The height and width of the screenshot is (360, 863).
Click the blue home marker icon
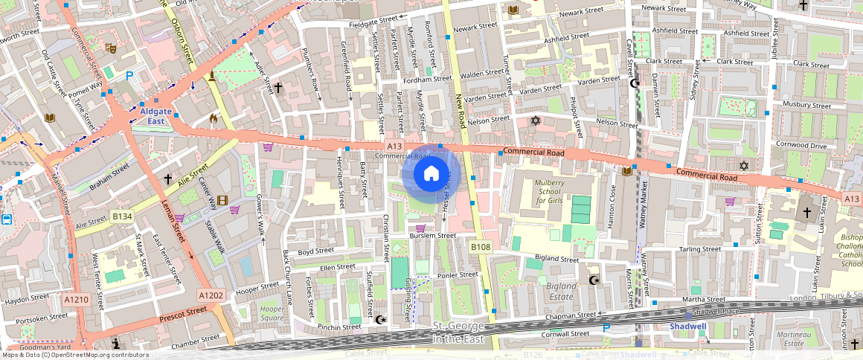click(431, 174)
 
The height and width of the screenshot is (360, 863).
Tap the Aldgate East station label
click(155, 116)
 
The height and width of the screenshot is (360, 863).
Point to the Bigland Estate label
click(562, 291)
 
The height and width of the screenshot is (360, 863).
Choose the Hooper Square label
click(272, 313)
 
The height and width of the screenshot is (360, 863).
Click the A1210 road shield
click(76, 299)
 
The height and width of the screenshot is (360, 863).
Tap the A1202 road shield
click(211, 295)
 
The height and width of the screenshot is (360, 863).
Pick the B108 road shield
click(481, 245)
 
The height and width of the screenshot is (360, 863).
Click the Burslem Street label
click(433, 236)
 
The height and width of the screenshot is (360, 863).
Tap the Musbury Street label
click(806, 106)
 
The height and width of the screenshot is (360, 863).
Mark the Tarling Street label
click(700, 249)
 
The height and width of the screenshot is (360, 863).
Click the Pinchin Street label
click(339, 327)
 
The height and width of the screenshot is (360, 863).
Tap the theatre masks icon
click(111, 48)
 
